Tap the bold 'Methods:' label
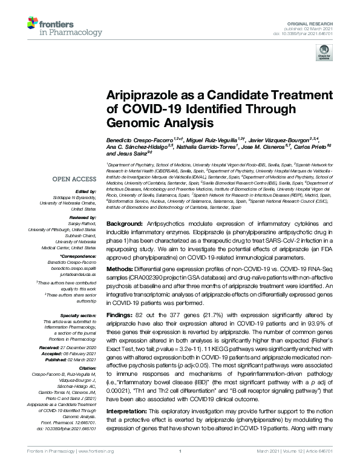click(x=120, y=266)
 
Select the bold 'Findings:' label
click(x=120, y=317)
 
